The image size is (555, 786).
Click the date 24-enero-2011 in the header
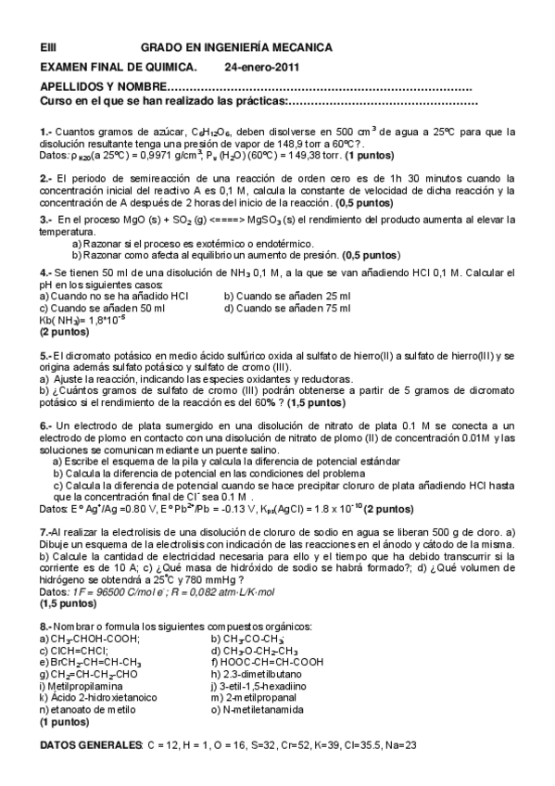coord(261,67)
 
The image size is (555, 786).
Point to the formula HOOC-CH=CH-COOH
coord(274,662)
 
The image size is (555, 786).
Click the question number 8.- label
coord(48,628)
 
